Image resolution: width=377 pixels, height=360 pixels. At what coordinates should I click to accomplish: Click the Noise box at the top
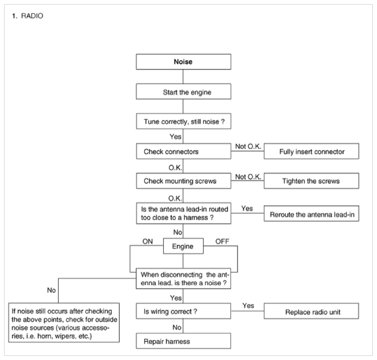183,62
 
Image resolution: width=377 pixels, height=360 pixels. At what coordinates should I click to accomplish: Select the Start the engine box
183,91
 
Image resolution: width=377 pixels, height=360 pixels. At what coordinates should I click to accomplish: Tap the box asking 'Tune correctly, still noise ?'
183,121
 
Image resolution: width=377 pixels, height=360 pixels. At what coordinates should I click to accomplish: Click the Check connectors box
183,151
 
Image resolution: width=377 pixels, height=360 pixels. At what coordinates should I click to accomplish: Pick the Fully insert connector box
311,151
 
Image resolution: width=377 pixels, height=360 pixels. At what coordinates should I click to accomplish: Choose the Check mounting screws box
183,181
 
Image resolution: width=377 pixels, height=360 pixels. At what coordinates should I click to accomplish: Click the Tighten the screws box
311,181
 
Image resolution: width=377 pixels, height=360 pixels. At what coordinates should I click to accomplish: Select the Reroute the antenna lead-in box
311,213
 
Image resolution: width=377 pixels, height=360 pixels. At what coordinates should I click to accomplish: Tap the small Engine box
183,246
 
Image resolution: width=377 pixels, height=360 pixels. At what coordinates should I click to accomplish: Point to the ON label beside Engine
148,241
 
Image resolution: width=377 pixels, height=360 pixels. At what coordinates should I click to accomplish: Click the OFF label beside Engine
222,241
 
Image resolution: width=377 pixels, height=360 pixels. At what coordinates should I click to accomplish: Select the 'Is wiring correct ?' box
183,311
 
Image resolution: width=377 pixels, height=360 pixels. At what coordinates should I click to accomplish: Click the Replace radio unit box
311,311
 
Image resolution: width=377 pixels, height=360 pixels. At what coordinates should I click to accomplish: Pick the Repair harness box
183,341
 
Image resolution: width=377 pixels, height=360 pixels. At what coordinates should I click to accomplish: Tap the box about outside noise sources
64,323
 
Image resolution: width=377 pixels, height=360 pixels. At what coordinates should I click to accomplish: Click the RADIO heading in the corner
32,16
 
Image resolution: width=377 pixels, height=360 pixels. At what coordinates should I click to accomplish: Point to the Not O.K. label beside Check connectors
248,146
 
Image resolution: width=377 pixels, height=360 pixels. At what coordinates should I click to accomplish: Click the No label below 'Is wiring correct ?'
177,327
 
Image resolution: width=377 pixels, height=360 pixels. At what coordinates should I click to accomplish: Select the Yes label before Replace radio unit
248,305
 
